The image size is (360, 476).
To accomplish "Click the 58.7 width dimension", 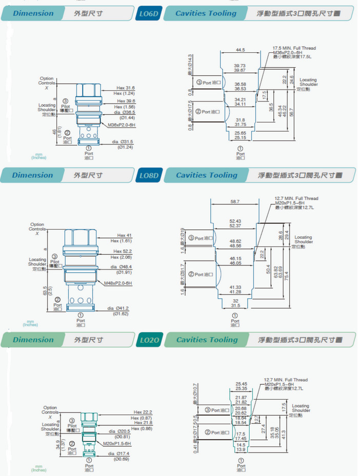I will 235,202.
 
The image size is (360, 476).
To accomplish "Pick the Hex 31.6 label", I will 126,88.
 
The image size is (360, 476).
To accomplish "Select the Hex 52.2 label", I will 123,251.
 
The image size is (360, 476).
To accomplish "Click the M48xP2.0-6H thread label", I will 118,283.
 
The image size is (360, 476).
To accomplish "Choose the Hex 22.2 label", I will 143,412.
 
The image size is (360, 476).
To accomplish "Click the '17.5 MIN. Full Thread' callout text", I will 294,48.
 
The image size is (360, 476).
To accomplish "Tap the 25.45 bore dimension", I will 241,383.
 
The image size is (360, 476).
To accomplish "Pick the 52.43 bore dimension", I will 235,221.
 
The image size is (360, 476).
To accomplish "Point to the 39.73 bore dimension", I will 239,66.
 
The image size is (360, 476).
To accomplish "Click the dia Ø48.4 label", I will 122,267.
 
